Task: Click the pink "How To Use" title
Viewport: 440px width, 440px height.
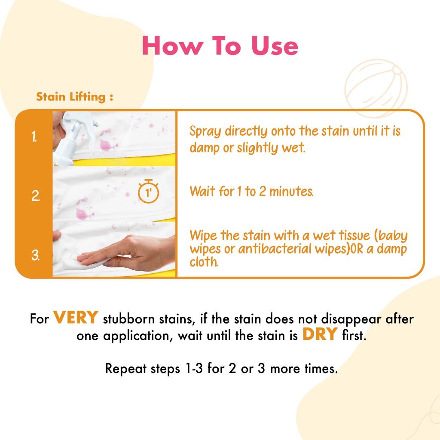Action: pyautogui.click(x=220, y=46)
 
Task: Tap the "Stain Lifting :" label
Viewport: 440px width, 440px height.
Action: pyautogui.click(x=75, y=97)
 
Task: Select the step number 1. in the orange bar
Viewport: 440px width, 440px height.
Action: pyautogui.click(x=34, y=137)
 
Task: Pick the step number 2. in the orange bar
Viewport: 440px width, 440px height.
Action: pyautogui.click(x=35, y=196)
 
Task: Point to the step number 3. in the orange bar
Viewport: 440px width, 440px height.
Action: pyautogui.click(x=35, y=255)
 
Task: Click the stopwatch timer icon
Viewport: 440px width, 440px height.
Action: pyautogui.click(x=148, y=191)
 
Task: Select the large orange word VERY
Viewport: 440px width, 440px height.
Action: pyautogui.click(x=76, y=318)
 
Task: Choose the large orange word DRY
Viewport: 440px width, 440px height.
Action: pyautogui.click(x=320, y=334)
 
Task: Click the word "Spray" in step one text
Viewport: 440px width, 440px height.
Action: pyautogui.click(x=205, y=131)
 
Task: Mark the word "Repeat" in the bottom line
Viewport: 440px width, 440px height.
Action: pyautogui.click(x=126, y=369)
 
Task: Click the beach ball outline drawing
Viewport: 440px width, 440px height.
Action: pyautogui.click(x=376, y=88)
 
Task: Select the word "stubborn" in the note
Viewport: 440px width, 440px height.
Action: pyautogui.click(x=129, y=319)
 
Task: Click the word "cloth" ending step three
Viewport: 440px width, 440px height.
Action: pyautogui.click(x=204, y=262)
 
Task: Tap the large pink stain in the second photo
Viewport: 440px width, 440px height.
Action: pyautogui.click(x=82, y=214)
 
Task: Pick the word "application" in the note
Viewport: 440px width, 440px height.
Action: pyautogui.click(x=138, y=336)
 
